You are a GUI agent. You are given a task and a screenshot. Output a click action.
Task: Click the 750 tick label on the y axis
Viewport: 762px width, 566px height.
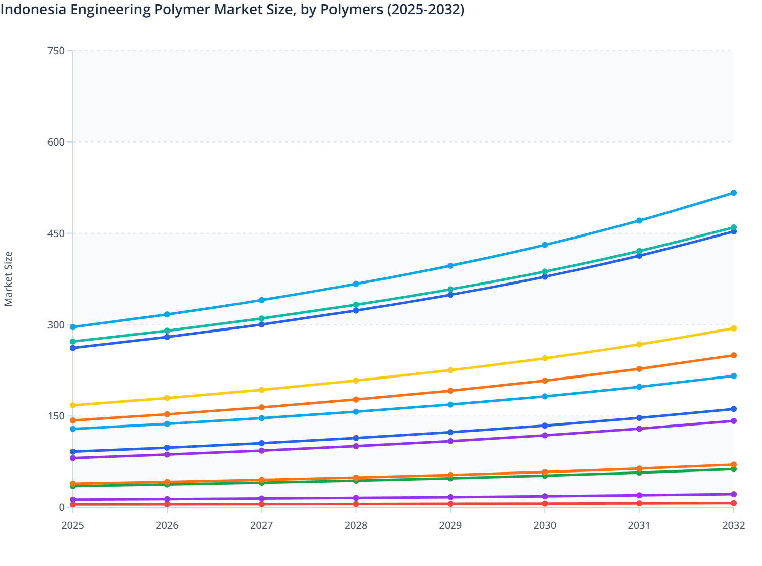[x=56, y=51]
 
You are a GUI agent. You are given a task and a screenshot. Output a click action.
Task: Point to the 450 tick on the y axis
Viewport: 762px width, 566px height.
[x=56, y=233]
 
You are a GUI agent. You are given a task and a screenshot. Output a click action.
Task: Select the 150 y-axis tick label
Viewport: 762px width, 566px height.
[x=56, y=416]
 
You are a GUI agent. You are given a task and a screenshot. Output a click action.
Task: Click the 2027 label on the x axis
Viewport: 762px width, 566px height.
[x=261, y=525]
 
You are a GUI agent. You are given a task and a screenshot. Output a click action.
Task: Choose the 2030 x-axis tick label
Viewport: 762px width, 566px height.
[x=545, y=525]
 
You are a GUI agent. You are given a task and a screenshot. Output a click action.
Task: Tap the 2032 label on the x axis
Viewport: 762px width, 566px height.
[x=733, y=525]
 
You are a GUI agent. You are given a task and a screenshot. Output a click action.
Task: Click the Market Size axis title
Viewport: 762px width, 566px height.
[x=8, y=278]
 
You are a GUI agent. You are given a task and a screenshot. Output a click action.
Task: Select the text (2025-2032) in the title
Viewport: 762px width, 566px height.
[x=425, y=9]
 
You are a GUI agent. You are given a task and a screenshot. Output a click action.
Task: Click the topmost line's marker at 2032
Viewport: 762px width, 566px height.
[x=733, y=193]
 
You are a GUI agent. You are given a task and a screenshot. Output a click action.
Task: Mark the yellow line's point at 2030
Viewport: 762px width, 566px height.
[x=545, y=358]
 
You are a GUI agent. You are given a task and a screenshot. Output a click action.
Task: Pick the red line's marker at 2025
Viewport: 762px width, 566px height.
[x=73, y=504]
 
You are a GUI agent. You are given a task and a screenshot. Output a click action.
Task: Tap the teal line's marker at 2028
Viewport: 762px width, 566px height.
[x=356, y=305]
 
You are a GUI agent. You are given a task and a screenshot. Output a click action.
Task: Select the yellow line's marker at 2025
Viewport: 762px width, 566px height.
[x=73, y=405]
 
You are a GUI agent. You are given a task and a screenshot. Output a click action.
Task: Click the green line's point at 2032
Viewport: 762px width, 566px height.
[x=733, y=469]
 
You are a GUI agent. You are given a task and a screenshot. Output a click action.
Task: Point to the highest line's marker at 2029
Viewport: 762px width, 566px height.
[x=450, y=266]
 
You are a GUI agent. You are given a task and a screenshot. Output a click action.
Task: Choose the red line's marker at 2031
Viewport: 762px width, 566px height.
[x=639, y=503]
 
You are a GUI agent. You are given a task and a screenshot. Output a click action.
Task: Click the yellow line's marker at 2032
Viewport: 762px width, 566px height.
[x=733, y=328]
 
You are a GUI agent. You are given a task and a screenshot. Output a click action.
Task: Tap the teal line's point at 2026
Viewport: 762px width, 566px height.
[x=167, y=331]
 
